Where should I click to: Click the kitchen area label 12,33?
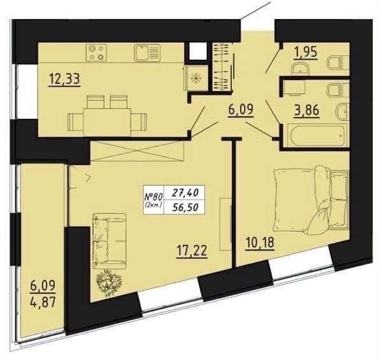64,79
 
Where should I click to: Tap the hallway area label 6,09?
241,110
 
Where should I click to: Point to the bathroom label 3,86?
306,111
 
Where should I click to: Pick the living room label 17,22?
192,251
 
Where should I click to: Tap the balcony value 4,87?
43,303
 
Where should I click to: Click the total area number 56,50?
185,207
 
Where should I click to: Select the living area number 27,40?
185,193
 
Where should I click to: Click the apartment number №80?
154,196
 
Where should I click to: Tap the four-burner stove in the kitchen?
97,53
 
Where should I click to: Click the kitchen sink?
147,53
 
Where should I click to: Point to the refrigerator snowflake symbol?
195,78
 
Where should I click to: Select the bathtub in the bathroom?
316,135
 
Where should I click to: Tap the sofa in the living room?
110,241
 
